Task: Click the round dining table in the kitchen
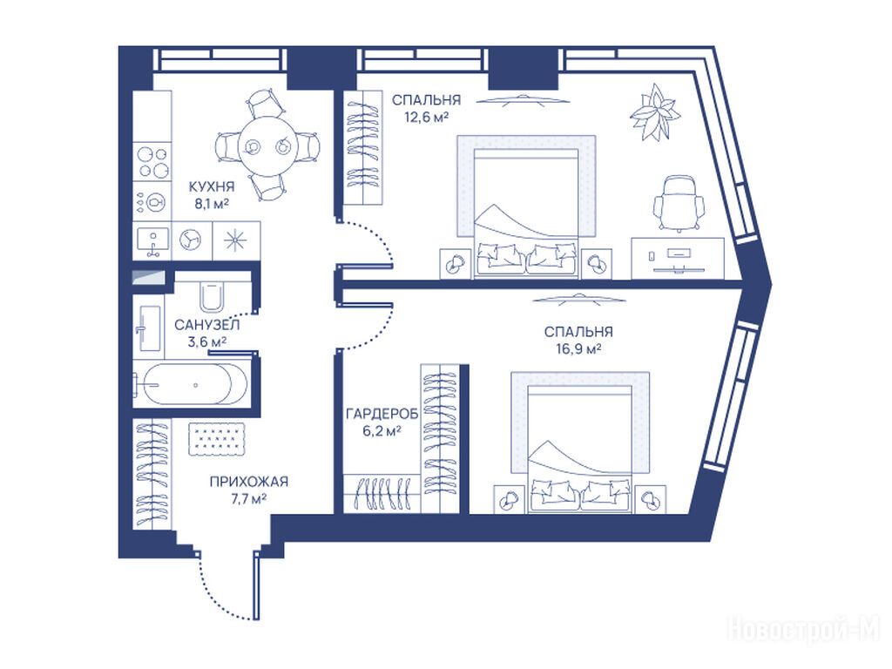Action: coord(267,146)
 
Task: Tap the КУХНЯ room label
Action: coord(212,186)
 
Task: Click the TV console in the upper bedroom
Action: coord(678,258)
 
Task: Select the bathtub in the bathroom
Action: coord(191,384)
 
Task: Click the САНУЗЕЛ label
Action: coord(207,325)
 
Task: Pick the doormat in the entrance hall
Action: coord(217,438)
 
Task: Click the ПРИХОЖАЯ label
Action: coord(249,481)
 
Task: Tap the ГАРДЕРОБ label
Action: coord(382,414)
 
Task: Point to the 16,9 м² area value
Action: coord(578,348)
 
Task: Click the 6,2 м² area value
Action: coord(382,431)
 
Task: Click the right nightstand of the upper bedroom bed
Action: coord(596,263)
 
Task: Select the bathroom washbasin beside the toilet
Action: coord(150,328)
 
